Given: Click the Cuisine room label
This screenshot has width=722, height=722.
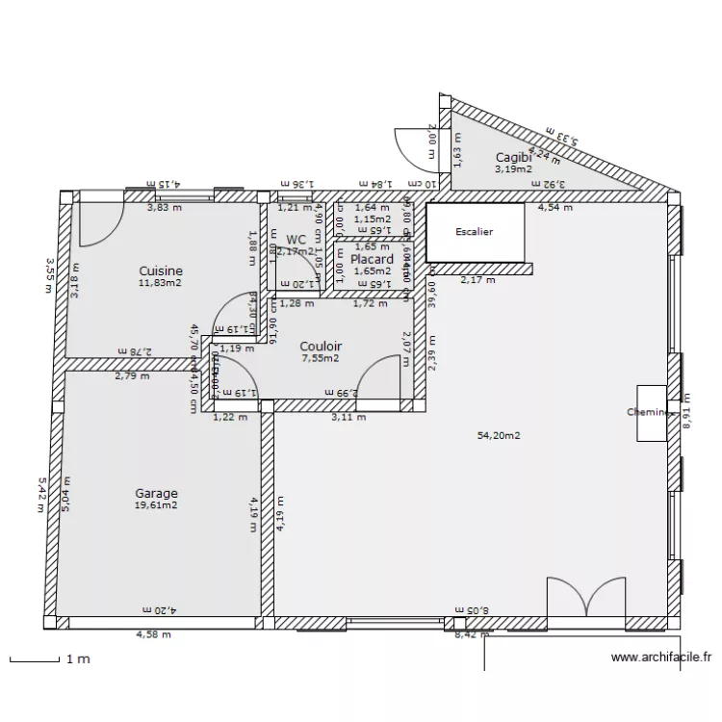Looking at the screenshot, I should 161,271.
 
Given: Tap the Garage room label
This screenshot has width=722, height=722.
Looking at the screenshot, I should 156,494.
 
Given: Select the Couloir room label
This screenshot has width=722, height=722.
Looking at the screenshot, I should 321,347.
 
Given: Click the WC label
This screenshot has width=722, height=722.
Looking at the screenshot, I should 296,240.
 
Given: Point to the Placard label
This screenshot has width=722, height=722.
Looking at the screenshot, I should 372,259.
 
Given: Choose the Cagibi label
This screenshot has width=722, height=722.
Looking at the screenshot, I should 513,157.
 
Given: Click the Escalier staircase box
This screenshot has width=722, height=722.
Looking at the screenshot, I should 475,232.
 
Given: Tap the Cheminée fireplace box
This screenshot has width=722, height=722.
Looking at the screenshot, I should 650,412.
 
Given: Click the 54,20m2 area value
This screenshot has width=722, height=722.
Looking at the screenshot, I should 499,436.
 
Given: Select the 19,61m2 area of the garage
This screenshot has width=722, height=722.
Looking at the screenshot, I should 156,505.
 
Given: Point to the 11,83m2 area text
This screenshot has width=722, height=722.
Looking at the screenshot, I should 161,283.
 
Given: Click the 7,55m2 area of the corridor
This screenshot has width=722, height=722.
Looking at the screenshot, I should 321,359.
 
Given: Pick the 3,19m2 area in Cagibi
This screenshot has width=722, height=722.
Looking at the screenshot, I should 513,168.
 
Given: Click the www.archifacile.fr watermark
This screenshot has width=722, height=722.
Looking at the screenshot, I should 661,658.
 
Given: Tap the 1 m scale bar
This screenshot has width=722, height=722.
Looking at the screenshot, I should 35,660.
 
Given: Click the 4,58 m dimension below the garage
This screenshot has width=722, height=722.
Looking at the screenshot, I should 154,634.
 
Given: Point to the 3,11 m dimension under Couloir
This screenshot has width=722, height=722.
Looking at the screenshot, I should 348,418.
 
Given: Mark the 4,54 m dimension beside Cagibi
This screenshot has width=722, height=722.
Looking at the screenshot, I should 554,207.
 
